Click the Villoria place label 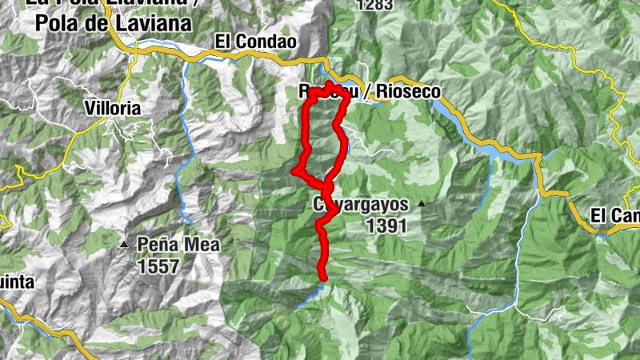tap(113, 107)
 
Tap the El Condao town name tap(255, 41)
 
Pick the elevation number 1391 tap(386, 226)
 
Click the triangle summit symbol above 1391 tap(422, 204)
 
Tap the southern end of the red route tap(324, 278)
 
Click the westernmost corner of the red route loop tap(295, 170)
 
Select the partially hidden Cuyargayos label tap(360, 205)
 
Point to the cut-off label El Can tap(614, 215)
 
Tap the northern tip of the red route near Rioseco tap(330, 83)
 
